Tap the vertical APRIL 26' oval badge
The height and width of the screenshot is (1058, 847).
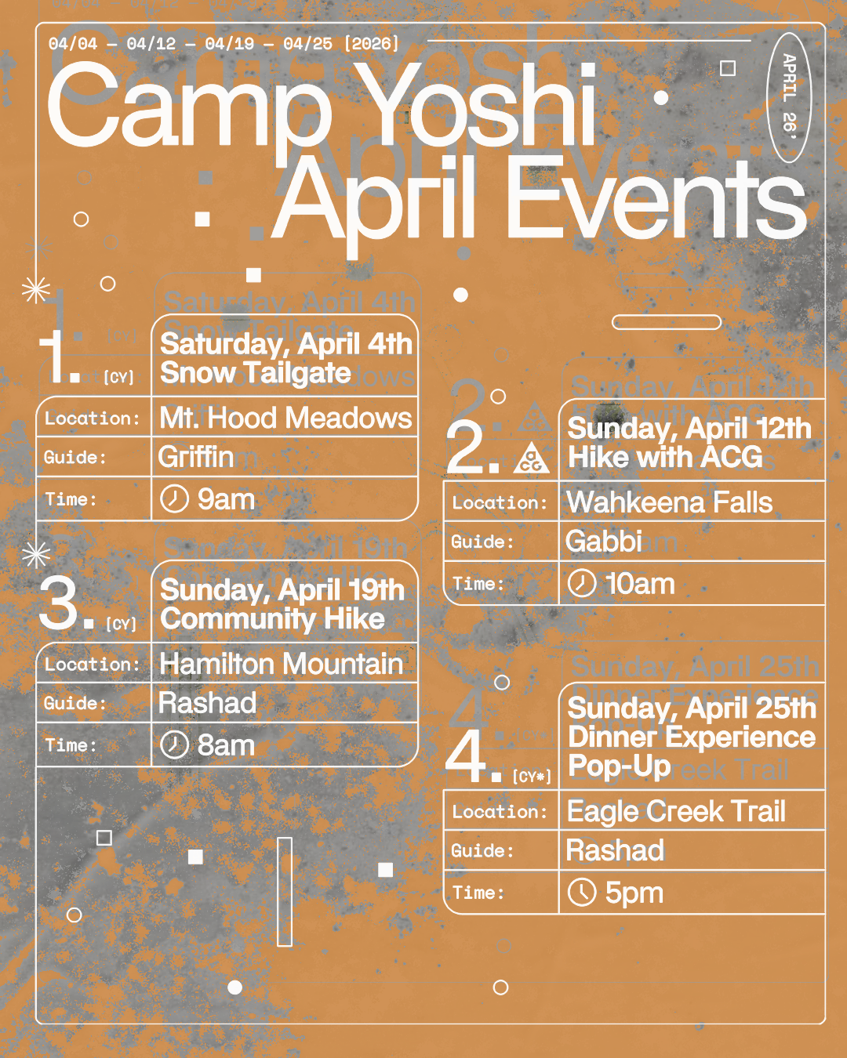coord(788,97)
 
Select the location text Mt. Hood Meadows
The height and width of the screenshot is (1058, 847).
coord(285,418)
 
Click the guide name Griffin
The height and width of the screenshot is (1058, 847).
coord(196,457)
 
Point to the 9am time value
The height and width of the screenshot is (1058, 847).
coord(226,499)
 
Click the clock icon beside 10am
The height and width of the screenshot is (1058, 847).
coord(582,584)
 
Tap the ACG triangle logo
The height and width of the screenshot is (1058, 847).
coord(532,458)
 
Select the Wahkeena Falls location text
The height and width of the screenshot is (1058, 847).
coord(670,502)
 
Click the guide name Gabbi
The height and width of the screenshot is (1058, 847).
coord(604,542)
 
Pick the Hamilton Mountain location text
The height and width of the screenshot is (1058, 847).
coord(281,665)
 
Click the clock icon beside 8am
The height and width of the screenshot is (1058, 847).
coord(174,745)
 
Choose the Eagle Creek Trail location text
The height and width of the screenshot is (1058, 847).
coord(676,812)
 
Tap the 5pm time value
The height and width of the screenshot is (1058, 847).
coord(634,893)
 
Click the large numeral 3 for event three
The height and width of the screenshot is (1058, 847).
coord(58,603)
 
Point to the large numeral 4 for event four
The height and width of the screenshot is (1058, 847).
coord(467,756)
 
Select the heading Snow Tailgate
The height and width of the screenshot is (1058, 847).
coord(256,373)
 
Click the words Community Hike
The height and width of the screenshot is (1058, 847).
coord(273,619)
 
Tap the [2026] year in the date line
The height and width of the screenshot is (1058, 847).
coord(372,44)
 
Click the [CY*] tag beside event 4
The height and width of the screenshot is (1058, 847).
coord(532,777)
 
